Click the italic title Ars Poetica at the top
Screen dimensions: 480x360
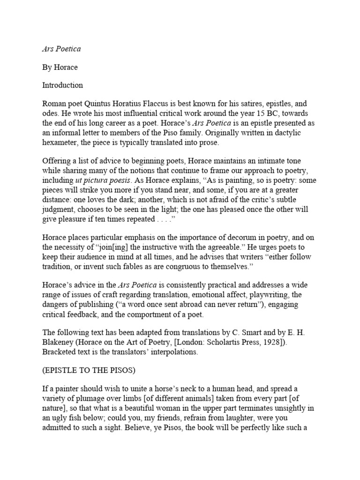(61, 49)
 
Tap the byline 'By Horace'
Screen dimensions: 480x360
(60, 67)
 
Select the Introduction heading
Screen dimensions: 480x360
(62, 85)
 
